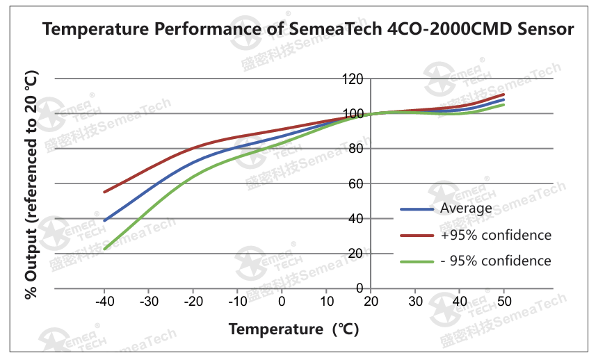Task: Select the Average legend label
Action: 466,208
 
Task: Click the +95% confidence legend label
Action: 496,235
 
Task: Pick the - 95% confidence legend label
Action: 496,261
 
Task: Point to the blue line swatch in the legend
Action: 417,209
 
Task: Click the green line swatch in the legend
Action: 417,262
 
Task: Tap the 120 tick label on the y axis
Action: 353,79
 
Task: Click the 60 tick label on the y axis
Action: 356,184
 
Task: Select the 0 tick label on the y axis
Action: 360,288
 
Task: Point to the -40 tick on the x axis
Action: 105,301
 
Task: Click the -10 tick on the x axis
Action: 238,301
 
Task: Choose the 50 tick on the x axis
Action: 504,301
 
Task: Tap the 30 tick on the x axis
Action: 415,301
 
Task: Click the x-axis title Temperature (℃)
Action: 293,329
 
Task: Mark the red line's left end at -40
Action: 104,192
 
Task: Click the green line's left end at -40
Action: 104,249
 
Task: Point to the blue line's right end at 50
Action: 503,99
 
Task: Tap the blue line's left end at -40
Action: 104,220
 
